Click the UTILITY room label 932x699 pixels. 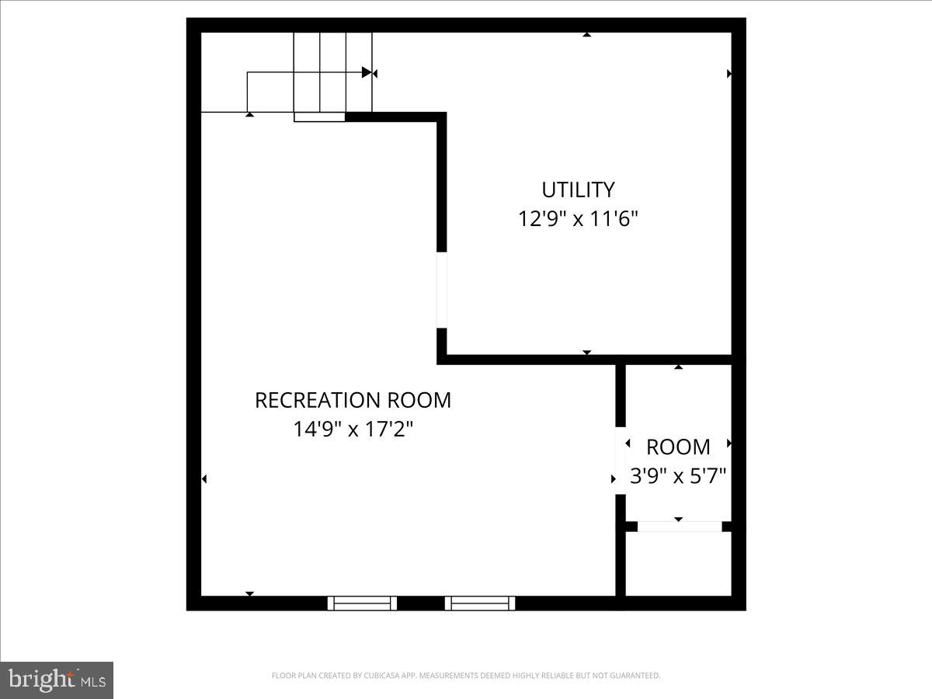click(578, 190)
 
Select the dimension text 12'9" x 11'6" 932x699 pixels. click(578, 219)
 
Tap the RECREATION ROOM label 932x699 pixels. click(353, 400)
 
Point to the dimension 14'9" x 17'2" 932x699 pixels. click(353, 429)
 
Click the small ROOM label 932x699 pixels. click(678, 447)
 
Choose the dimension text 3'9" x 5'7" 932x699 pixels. click(678, 475)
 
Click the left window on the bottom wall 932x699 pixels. click(362, 603)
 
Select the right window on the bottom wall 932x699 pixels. click(480, 603)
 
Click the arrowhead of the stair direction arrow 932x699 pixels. click(367, 73)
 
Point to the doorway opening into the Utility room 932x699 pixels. click(442, 290)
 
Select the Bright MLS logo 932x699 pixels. click(57, 680)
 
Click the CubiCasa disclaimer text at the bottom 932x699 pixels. click(466, 676)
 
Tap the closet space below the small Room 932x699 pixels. click(678, 563)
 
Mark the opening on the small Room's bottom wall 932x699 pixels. click(679, 527)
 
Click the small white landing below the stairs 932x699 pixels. click(319, 117)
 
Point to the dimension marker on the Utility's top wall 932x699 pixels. click(587, 34)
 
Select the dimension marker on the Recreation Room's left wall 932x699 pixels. click(204, 479)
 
